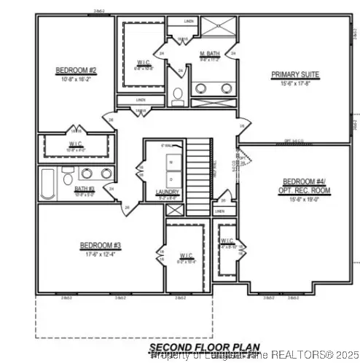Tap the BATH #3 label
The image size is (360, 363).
click(x=85, y=189)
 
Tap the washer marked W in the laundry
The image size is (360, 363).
click(x=170, y=165)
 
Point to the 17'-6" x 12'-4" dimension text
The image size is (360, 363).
click(x=100, y=254)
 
